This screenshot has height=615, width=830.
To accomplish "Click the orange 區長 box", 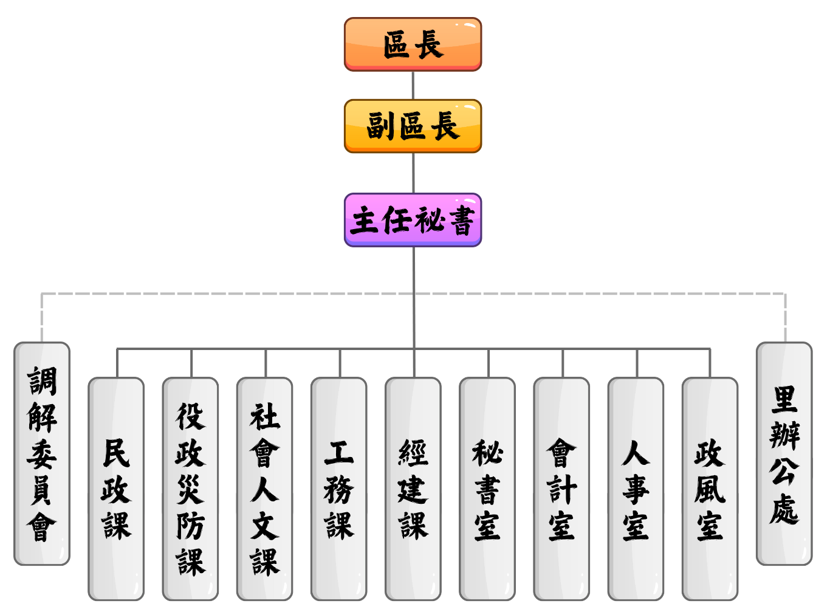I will click(413, 44).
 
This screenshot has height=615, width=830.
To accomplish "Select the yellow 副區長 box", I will click(413, 126).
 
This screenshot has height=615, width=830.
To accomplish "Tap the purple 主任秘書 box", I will click(413, 220).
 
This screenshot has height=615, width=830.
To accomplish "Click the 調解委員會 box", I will click(42, 453).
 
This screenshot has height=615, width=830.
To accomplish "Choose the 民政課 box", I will click(116, 489).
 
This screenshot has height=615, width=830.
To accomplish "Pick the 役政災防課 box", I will click(190, 489).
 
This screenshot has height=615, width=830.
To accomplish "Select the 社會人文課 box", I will click(264, 489).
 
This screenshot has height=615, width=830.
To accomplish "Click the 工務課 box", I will click(338, 489).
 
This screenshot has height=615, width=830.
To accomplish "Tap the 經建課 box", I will click(413, 489).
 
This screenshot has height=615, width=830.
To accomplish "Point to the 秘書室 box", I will click(487, 489).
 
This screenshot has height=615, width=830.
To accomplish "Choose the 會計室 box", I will click(561, 489).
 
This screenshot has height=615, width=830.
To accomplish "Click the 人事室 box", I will click(636, 489).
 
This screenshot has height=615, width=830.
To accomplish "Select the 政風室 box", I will click(710, 489).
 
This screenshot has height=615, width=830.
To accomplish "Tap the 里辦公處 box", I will click(784, 453).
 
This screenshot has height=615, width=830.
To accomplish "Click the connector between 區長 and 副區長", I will click(413, 85).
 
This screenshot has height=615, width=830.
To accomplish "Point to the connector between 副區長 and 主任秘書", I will click(413, 173).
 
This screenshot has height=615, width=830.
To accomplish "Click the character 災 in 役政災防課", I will click(190, 489).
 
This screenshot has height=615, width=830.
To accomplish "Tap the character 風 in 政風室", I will click(710, 489).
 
